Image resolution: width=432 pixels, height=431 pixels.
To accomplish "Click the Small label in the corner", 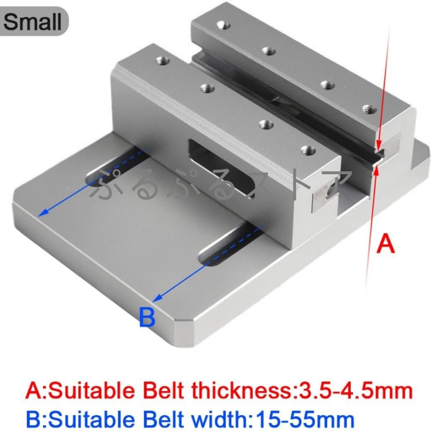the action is [x=32, y=22].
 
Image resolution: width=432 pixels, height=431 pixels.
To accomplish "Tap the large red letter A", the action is [x=386, y=243].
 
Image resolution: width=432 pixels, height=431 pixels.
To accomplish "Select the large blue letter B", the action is [x=147, y=317].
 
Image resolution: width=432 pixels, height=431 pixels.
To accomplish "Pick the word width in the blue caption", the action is [x=221, y=420].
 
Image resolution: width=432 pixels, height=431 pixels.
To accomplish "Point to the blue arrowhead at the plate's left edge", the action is [x=42, y=213].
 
